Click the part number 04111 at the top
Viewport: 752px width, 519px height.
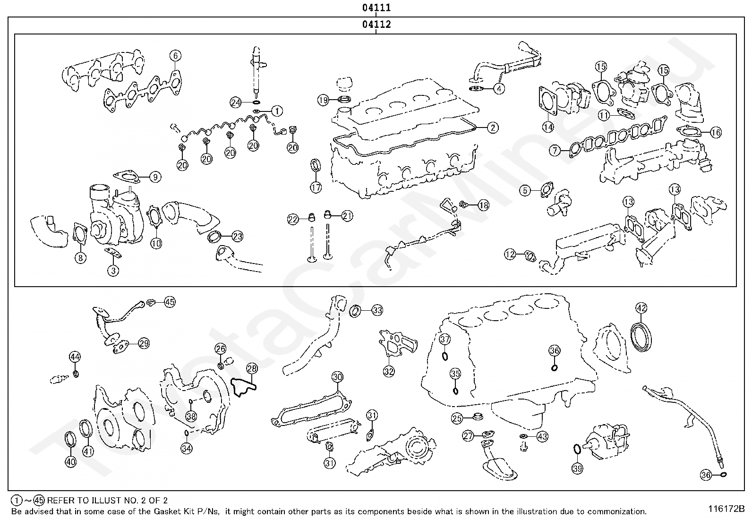coord(376,8)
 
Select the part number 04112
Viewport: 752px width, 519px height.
coord(376,25)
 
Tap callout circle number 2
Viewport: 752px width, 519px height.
coord(492,127)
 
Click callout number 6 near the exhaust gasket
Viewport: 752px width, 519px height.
coord(175,56)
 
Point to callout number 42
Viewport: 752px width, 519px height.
coord(641,308)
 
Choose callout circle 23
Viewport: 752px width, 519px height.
coord(237,236)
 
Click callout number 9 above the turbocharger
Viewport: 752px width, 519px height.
coord(155,177)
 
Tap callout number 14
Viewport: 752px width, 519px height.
coord(548,127)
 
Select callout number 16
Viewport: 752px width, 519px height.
coord(716,133)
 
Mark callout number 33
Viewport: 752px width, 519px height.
coord(377,310)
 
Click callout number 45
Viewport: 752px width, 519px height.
coord(169,302)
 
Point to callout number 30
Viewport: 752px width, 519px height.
coord(337,377)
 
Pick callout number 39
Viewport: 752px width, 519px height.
coord(577,468)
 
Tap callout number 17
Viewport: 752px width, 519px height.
coord(316,187)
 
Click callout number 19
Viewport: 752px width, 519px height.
coord(323,100)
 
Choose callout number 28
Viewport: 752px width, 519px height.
coord(252,368)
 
